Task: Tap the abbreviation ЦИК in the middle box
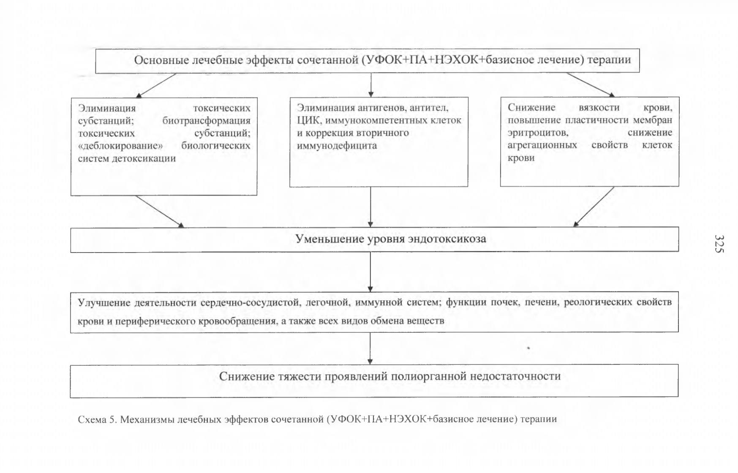[x=310, y=120]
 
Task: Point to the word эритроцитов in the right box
[x=538, y=133]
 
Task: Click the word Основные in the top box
[x=161, y=60]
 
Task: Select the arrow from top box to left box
[x=155, y=85]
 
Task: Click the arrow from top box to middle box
[x=370, y=85]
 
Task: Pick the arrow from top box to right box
[x=590, y=85]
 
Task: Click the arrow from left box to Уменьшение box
[x=160, y=212]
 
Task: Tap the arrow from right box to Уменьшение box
[x=593, y=207]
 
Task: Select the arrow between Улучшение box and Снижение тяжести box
[x=370, y=348]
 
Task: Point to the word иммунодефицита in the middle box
[x=337, y=146]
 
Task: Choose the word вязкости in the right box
[x=599, y=108]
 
